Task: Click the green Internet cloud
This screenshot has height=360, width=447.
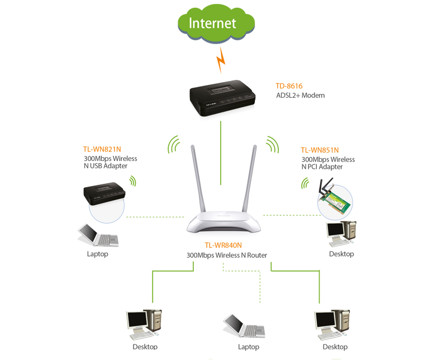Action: pyautogui.click(x=216, y=23)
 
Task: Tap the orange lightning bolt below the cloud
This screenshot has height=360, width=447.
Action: pyautogui.click(x=221, y=60)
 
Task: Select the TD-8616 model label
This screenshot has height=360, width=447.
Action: pyautogui.click(x=289, y=86)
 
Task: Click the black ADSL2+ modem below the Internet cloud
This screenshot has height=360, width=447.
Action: pyautogui.click(x=222, y=98)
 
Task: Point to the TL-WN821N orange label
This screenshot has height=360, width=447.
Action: pyautogui.click(x=102, y=149)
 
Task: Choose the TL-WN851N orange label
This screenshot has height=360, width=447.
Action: pyautogui.click(x=320, y=150)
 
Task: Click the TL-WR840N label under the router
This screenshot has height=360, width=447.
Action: pyautogui.click(x=223, y=245)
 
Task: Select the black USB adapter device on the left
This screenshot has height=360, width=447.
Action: pyautogui.click(x=104, y=193)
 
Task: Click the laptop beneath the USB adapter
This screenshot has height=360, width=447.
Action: pyautogui.click(x=98, y=235)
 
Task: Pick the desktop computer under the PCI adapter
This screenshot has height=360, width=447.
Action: pyautogui.click(x=341, y=234)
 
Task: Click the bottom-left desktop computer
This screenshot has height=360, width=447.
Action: pyautogui.click(x=144, y=324)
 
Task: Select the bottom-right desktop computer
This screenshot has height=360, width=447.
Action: pyautogui.click(x=332, y=324)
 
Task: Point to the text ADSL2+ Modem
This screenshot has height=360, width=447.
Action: pyautogui.click(x=300, y=96)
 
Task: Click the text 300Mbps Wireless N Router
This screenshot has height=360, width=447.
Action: pyautogui.click(x=227, y=255)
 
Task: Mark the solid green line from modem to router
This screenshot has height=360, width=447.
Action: pyautogui.click(x=221, y=153)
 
